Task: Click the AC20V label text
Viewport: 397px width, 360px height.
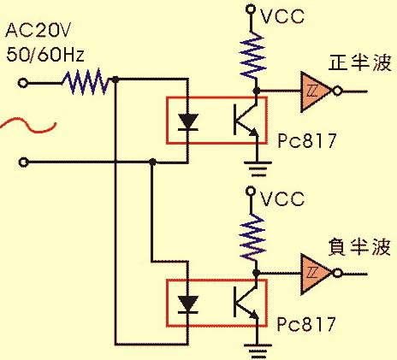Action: tap(38, 30)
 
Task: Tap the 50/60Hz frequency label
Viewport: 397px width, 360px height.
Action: tap(45, 55)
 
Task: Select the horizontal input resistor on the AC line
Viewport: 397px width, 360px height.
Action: tap(86, 82)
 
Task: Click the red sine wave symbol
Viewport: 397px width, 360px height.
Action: tap(28, 125)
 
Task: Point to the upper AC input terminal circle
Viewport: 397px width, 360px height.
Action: tap(23, 83)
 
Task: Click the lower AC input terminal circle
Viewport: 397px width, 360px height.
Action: tap(23, 162)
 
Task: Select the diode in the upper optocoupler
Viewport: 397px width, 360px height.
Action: tap(187, 122)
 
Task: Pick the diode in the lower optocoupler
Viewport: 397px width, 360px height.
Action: tap(187, 304)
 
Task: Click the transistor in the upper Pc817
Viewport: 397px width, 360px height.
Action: tap(246, 120)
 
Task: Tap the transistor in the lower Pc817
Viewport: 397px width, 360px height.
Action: tap(246, 302)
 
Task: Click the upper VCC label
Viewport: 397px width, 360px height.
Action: tap(282, 16)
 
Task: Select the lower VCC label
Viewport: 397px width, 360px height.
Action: tap(282, 198)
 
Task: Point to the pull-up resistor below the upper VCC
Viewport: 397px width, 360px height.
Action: tap(253, 56)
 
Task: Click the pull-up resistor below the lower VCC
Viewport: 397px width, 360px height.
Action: tap(253, 238)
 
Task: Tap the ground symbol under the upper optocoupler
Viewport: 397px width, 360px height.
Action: tap(258, 168)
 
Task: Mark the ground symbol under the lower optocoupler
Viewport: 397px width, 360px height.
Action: tap(258, 351)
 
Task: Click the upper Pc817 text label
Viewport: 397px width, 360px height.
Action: tap(307, 140)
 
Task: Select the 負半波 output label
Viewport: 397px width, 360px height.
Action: tap(359, 247)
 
